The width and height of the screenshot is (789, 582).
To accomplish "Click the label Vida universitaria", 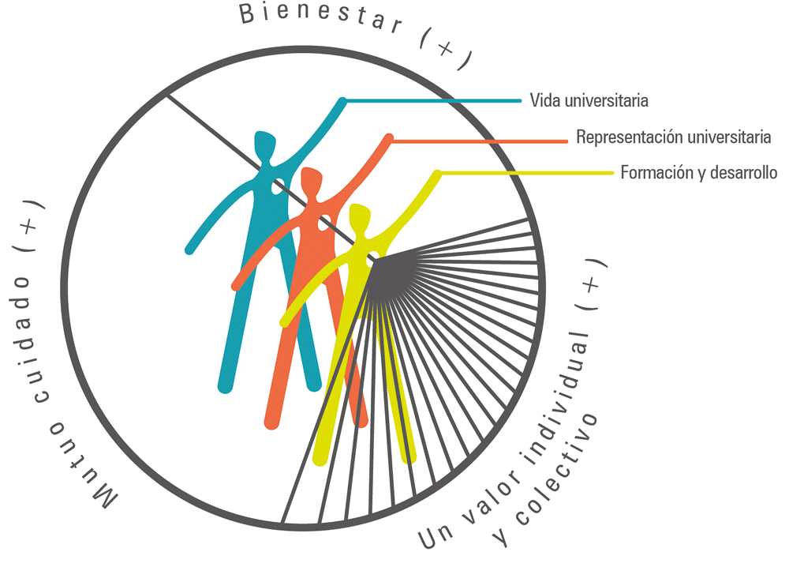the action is point(589,101).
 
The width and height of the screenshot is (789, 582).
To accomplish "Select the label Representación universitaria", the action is point(673,137).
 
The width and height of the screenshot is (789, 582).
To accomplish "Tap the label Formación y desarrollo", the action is point(698,173).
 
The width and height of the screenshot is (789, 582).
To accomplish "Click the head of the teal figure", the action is point(265,146).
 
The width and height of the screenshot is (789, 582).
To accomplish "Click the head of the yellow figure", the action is point(361,217).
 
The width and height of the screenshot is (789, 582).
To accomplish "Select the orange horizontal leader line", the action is point(480,141).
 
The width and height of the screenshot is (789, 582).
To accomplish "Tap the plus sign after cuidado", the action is point(28,226).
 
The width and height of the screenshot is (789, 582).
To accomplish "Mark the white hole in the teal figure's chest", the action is point(278,187).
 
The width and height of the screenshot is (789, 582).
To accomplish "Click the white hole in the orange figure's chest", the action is point(324,223).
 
